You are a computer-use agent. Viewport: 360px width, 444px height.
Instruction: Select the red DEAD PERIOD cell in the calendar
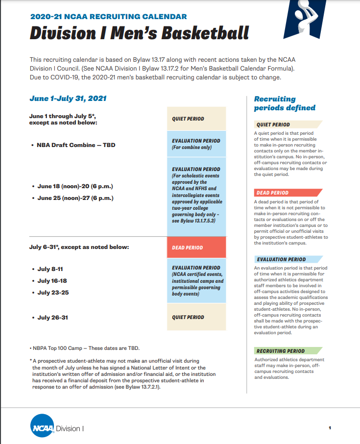pos(196,247)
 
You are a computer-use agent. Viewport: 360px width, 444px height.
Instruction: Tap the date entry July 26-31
pos(52,318)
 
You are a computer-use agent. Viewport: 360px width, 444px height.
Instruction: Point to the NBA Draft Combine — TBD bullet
pos(76,145)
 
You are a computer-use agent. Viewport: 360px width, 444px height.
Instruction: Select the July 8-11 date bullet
pos(50,269)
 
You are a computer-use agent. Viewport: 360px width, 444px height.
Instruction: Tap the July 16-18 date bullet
pos(52,281)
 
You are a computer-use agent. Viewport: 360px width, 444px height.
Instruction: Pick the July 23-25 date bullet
pos(52,293)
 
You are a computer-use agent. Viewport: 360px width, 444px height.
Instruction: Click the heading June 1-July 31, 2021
pos(68,99)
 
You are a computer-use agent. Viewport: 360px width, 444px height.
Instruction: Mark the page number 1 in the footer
pos(330,428)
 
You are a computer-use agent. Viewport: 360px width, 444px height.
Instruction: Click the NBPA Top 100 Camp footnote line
pos(85,348)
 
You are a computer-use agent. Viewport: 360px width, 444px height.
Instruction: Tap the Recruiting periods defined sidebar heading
pos(285,103)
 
